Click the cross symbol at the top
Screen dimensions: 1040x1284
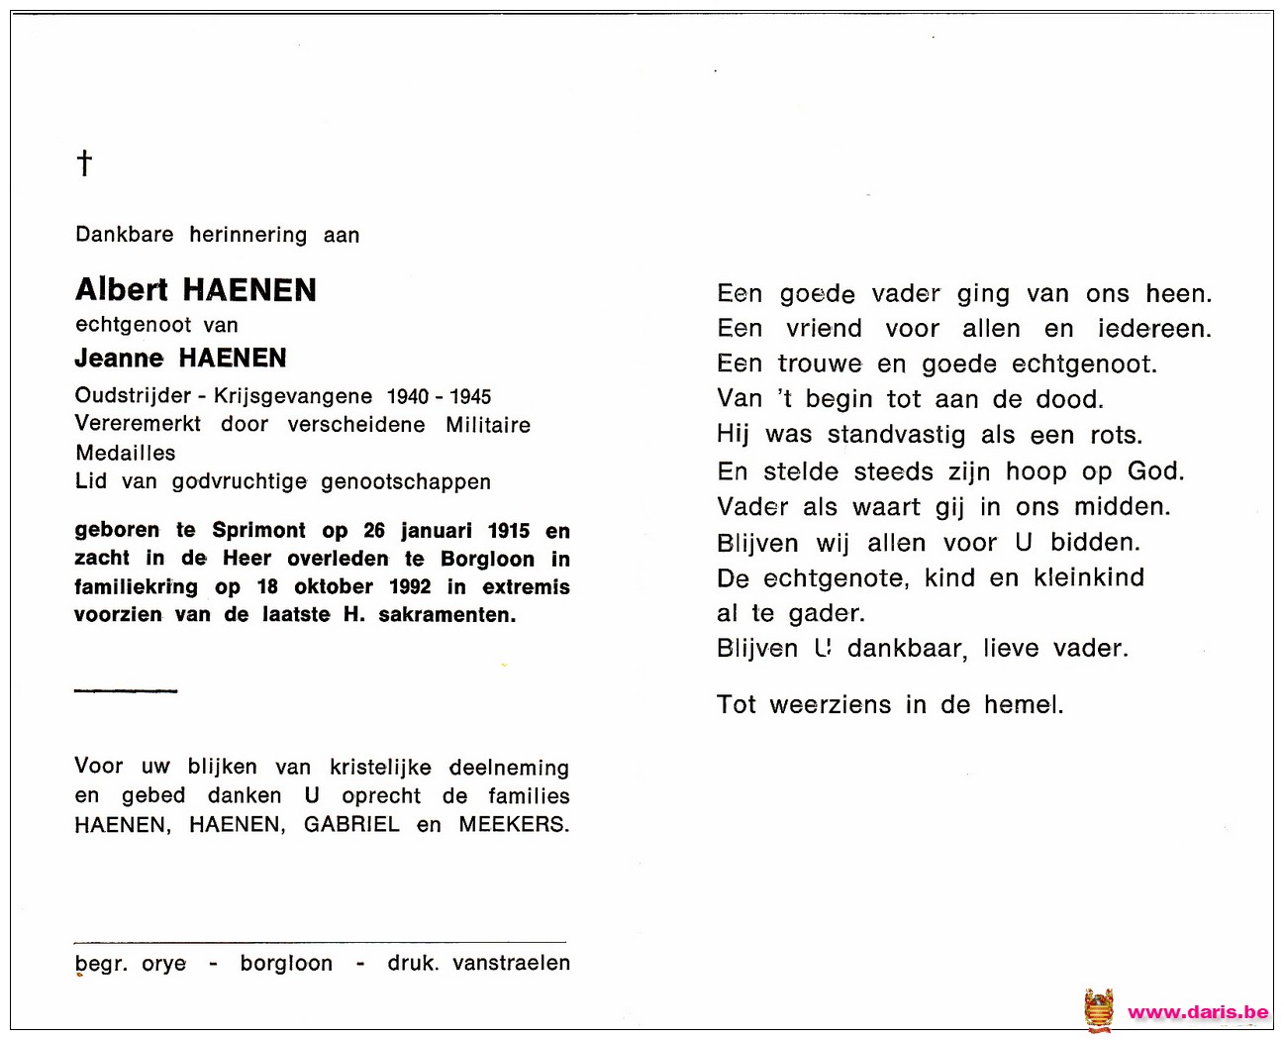click(85, 162)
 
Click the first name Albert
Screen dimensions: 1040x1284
click(122, 289)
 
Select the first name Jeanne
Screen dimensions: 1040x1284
click(119, 358)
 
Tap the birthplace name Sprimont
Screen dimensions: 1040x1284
click(259, 531)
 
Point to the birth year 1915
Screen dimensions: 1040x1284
click(509, 531)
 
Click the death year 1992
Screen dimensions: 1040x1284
click(410, 586)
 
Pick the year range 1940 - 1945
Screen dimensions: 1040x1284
click(439, 396)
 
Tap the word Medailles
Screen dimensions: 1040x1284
click(126, 453)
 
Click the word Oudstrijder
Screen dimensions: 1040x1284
click(133, 396)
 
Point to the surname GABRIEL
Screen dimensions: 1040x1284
click(351, 824)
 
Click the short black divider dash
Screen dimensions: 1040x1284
click(126, 690)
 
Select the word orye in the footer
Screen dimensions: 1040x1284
click(164, 964)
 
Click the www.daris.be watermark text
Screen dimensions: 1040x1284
click(1198, 1012)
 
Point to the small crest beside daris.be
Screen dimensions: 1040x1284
click(1099, 1011)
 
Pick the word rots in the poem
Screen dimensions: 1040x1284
click(1115, 436)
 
